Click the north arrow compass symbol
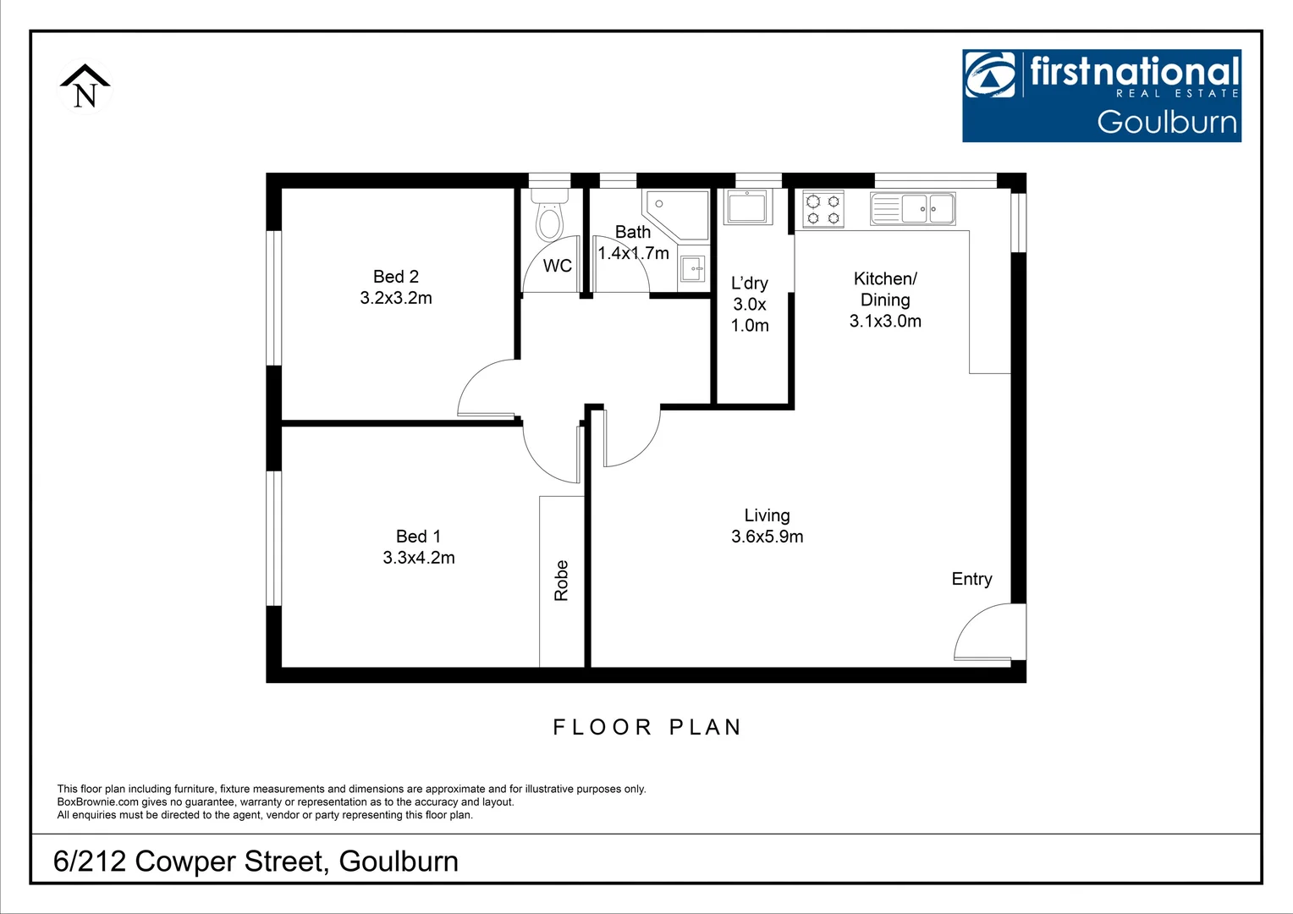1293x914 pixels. point(85,87)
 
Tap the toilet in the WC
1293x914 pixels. point(549,218)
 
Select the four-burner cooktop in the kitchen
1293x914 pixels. point(823,209)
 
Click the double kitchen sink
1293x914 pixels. point(913,208)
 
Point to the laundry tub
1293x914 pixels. point(747,206)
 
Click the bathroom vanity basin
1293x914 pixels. point(692,269)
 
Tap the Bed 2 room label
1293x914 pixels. point(396,277)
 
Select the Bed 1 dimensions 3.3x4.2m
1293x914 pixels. point(419,558)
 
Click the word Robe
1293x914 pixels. point(561,581)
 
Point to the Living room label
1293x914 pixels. point(767,515)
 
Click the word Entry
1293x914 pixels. point(971,579)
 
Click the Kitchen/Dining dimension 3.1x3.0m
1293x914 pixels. point(885,321)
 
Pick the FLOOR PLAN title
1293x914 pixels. point(647,727)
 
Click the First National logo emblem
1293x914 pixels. point(990,74)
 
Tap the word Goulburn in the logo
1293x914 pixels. point(1167,122)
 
